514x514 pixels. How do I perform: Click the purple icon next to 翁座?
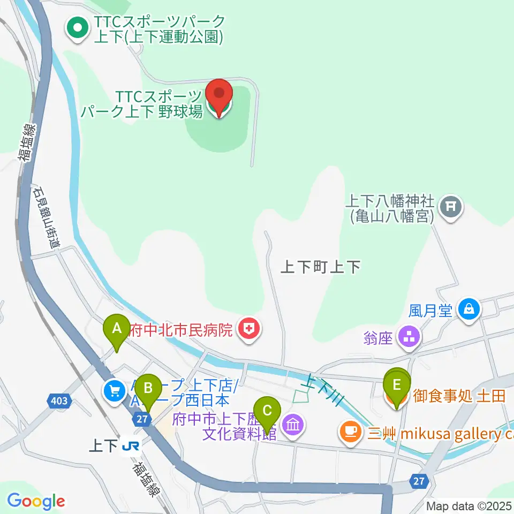(412, 338)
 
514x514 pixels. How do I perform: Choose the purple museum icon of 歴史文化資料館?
(293, 426)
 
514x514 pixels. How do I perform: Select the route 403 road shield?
(60, 400)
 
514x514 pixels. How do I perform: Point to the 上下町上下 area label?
(321, 267)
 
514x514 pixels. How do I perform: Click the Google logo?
(36, 501)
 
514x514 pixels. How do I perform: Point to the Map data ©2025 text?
(469, 506)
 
